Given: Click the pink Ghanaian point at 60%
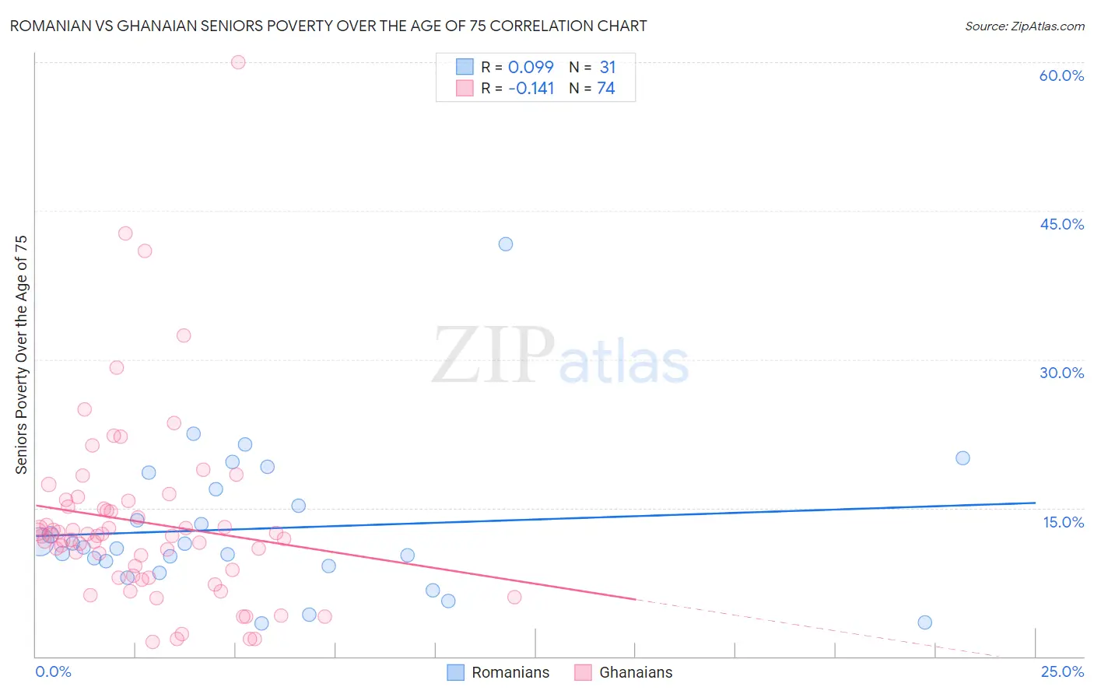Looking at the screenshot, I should [238, 62].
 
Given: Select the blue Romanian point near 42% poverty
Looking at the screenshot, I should [506, 244].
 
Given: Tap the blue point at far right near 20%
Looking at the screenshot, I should [963, 458].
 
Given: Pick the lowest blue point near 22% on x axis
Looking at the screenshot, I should [924, 622].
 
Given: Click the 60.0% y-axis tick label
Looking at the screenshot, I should [1061, 75].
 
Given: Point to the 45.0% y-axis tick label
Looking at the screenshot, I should [1061, 224].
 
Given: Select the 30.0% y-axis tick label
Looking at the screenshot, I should [1061, 373].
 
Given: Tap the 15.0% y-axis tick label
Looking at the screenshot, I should [1063, 522].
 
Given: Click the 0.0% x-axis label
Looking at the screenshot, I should [53, 672].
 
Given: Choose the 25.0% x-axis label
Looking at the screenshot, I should [1062, 672].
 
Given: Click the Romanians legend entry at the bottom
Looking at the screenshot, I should [498, 672].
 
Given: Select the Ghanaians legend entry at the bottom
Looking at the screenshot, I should [623, 672].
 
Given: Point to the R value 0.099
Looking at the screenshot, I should [531, 68].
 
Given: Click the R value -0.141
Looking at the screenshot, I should [531, 89].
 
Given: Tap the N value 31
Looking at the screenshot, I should [607, 68].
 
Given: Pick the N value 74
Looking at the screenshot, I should [606, 89].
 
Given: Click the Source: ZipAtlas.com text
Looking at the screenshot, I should [1024, 26].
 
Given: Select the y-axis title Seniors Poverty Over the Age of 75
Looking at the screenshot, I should [21, 355].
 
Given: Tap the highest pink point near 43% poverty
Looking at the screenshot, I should [125, 233].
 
